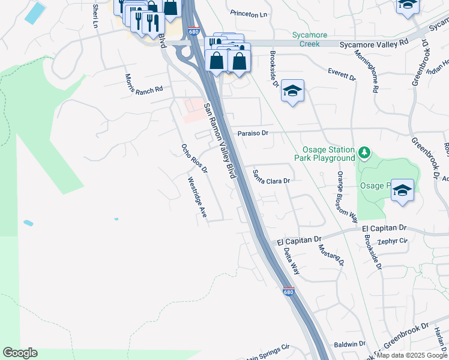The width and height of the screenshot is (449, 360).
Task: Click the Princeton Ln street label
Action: click(248, 14)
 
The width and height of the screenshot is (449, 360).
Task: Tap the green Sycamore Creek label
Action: click(310, 40)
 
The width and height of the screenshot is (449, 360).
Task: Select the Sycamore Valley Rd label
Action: click(374, 43)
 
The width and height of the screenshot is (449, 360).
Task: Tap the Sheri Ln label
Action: click(95, 16)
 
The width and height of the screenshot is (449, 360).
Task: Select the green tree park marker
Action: click(363, 153)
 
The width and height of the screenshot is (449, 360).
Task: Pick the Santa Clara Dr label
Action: click(271, 176)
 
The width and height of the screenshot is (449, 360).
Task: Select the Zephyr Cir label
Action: click(393, 241)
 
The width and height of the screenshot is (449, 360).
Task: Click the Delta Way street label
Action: click(291, 261)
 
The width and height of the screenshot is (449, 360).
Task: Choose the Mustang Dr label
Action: click(331, 254)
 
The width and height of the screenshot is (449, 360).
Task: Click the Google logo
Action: click(20, 353)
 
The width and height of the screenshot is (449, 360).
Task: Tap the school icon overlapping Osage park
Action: click(403, 191)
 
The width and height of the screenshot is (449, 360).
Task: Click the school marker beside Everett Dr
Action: click(292, 91)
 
